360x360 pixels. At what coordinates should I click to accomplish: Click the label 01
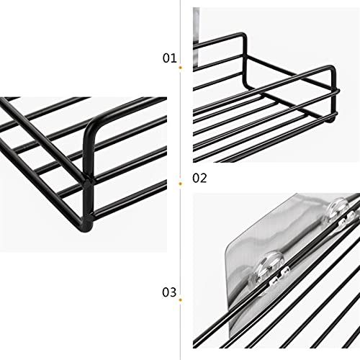coord(169,58)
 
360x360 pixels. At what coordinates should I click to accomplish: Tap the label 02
coord(199,178)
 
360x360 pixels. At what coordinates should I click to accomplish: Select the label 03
coord(169,292)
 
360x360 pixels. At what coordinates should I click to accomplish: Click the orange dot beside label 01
coord(180,67)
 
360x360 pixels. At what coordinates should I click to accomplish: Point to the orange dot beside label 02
coord(180,178)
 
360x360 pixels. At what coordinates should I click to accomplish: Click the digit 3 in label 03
coord(173,292)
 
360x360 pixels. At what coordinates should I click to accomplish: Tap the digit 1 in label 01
coord(173,58)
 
